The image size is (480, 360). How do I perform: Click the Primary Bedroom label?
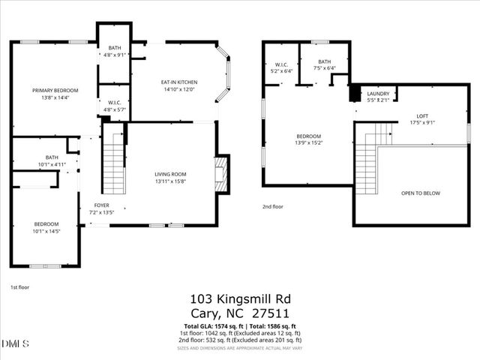[55, 91]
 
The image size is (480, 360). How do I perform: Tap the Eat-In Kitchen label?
[178, 82]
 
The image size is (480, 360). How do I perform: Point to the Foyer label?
[101, 205]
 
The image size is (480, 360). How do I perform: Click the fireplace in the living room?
[220, 174]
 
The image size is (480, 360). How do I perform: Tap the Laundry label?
[378, 94]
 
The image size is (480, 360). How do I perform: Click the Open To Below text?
[421, 193]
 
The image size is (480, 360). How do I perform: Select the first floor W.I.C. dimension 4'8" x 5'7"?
[115, 109]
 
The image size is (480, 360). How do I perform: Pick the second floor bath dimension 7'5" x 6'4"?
[324, 68]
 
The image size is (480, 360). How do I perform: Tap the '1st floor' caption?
[19, 287]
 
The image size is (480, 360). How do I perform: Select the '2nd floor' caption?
[273, 206]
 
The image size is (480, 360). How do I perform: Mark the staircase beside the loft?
[367, 165]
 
